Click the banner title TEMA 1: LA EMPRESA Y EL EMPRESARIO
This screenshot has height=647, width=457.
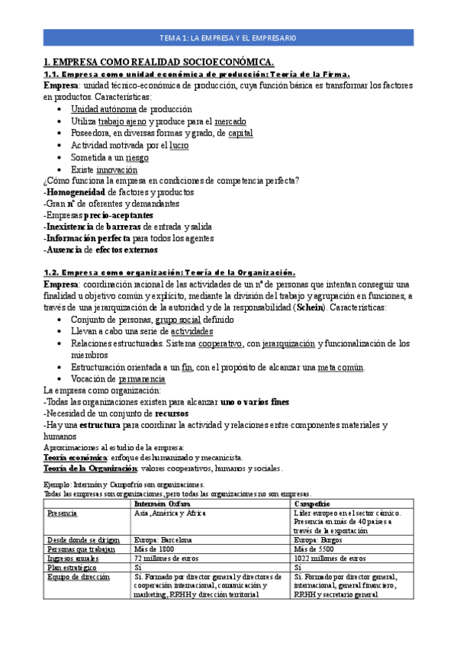(228, 37)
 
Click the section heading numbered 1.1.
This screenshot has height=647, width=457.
(196, 74)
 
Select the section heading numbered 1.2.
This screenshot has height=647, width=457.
(169, 272)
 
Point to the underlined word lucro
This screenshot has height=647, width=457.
(179, 145)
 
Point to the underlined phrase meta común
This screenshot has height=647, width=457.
(341, 367)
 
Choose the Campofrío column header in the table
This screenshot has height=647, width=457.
(312, 504)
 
